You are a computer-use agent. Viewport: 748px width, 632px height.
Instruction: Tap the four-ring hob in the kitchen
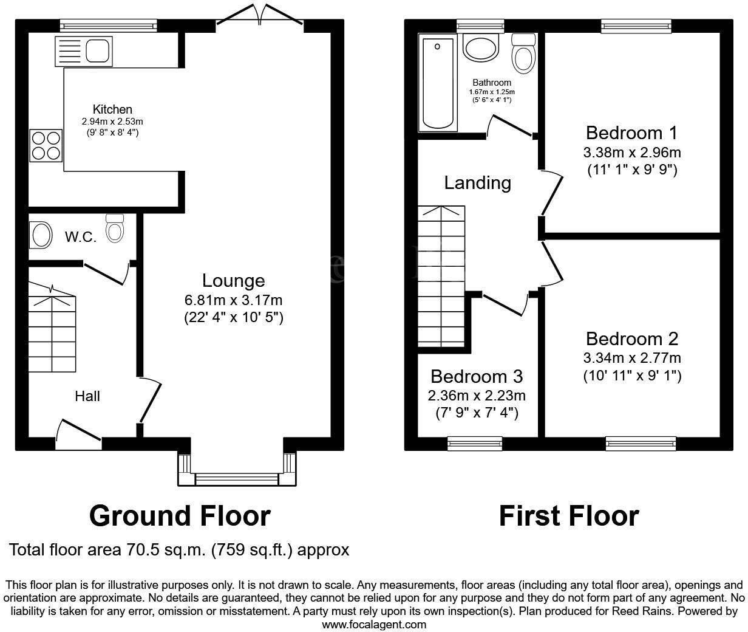click(46, 146)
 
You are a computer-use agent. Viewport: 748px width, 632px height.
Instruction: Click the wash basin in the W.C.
click(41, 235)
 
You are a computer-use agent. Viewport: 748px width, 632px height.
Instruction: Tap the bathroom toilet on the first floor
click(523, 54)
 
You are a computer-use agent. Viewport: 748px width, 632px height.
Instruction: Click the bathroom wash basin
click(480, 47)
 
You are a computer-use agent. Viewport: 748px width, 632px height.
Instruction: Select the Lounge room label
click(233, 281)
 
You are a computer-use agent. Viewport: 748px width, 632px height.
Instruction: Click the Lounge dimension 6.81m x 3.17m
click(233, 300)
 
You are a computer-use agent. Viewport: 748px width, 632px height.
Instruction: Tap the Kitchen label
click(112, 109)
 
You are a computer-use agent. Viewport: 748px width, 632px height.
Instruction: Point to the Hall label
click(87, 396)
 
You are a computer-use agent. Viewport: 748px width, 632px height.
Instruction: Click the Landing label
click(477, 182)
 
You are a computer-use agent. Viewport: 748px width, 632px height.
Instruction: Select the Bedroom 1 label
click(631, 132)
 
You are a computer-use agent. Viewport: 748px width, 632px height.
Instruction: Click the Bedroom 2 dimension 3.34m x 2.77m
click(632, 357)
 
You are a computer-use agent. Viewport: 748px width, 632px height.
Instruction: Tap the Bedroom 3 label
click(477, 377)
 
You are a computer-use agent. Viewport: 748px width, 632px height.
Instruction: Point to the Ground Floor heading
click(180, 516)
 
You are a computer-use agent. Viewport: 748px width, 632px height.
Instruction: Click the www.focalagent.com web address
click(373, 624)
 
